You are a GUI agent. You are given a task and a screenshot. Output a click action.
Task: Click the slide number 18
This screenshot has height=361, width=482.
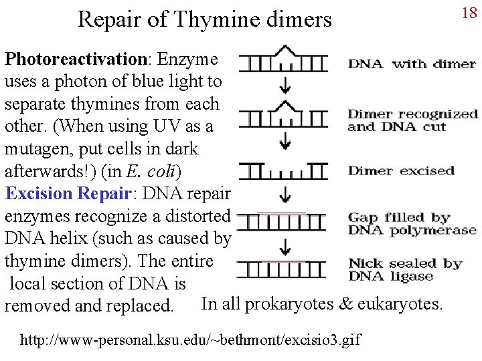[469, 13]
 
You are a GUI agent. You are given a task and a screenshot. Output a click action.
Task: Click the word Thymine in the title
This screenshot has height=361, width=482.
[210, 19]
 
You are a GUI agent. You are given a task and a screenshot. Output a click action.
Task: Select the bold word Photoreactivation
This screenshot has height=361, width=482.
[76, 59]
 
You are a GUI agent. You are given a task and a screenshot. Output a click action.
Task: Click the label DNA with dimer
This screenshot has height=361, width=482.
[412, 64]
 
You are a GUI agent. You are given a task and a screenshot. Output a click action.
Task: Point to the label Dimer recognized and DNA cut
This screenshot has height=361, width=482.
[412, 120]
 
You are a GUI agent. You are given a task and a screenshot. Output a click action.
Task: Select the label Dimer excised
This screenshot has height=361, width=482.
[401, 170]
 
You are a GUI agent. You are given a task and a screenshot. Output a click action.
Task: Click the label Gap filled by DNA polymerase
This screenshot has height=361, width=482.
[412, 224]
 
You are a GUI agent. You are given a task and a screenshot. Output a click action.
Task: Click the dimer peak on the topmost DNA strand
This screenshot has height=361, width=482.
[286, 50]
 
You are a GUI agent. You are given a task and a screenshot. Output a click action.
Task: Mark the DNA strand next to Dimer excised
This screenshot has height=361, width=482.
[283, 172]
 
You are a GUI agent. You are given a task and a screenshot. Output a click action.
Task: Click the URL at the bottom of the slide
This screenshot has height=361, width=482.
[190, 340]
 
